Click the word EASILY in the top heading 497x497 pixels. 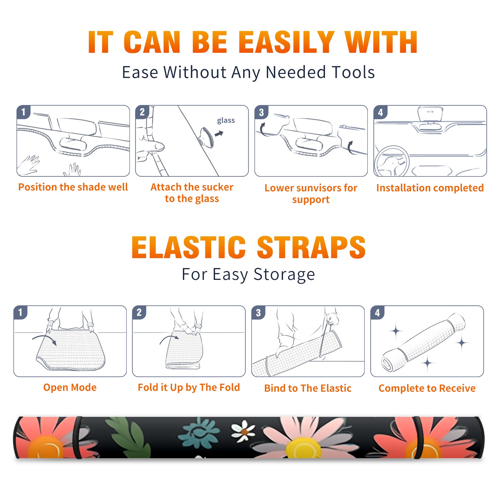[x=287, y=42]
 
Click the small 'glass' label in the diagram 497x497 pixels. [x=226, y=121]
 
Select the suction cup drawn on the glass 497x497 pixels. [x=206, y=137]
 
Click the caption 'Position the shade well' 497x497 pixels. [x=73, y=187]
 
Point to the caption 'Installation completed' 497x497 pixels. [x=430, y=188]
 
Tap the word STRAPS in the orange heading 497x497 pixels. [x=311, y=247]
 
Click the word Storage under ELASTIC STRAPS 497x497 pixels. [x=284, y=275]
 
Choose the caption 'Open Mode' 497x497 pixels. [x=70, y=387]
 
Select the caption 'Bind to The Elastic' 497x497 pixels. [x=308, y=388]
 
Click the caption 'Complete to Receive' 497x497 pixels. [x=427, y=388]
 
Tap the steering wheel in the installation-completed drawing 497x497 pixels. [x=392, y=161]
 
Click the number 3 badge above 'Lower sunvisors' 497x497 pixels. [x=261, y=112]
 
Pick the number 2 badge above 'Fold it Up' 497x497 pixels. [x=139, y=312]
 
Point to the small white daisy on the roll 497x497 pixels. [x=243, y=431]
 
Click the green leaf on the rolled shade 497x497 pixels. [x=128, y=438]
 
